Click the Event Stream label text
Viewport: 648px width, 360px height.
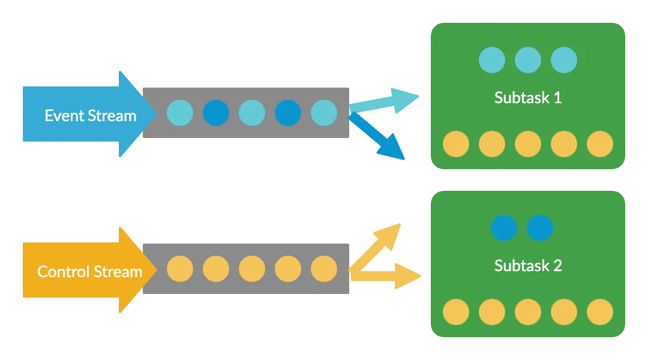tap(91, 115)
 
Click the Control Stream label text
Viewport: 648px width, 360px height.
tap(89, 271)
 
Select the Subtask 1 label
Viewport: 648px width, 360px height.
tap(528, 97)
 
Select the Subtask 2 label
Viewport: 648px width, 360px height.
tap(528, 265)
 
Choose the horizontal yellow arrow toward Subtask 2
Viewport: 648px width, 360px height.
tap(387, 276)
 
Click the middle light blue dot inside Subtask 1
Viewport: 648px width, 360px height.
tap(528, 60)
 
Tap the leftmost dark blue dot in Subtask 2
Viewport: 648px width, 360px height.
tap(504, 228)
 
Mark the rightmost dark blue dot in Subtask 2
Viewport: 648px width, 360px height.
tap(540, 228)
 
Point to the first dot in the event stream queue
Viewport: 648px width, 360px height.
tap(180, 113)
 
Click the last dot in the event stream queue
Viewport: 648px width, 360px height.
tap(324, 113)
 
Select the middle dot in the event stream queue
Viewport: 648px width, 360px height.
tap(252, 113)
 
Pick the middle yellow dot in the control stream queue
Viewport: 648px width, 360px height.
tap(252, 269)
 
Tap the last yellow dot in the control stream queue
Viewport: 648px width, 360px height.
tap(324, 269)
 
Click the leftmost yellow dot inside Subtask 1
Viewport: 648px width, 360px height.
tap(456, 144)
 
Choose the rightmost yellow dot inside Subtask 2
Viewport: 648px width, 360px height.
tap(600, 312)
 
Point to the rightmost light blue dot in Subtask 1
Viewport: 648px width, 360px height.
tap(564, 60)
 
